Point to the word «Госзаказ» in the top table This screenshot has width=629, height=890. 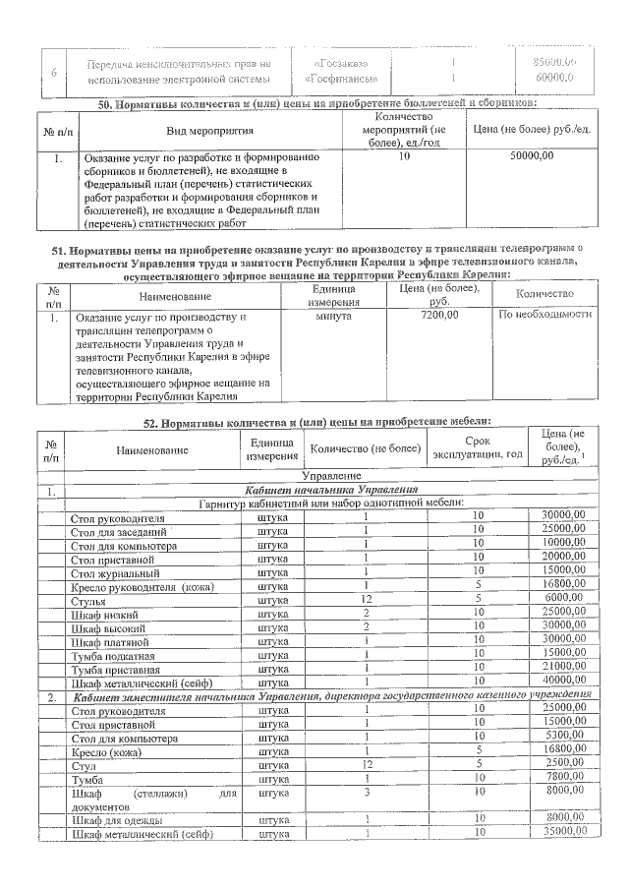(335, 63)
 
